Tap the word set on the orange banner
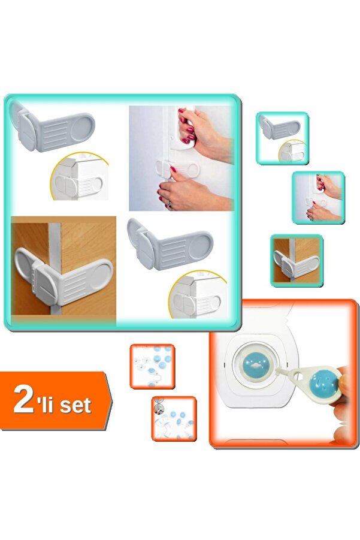(75, 405)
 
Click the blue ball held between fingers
(324, 384)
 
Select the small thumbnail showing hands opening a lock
(318, 198)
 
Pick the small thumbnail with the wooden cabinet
(297, 261)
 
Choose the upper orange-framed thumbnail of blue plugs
(153, 366)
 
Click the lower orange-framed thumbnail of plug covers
(174, 419)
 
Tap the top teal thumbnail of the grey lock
(282, 138)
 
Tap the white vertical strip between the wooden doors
(55, 265)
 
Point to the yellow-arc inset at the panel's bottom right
(198, 295)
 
